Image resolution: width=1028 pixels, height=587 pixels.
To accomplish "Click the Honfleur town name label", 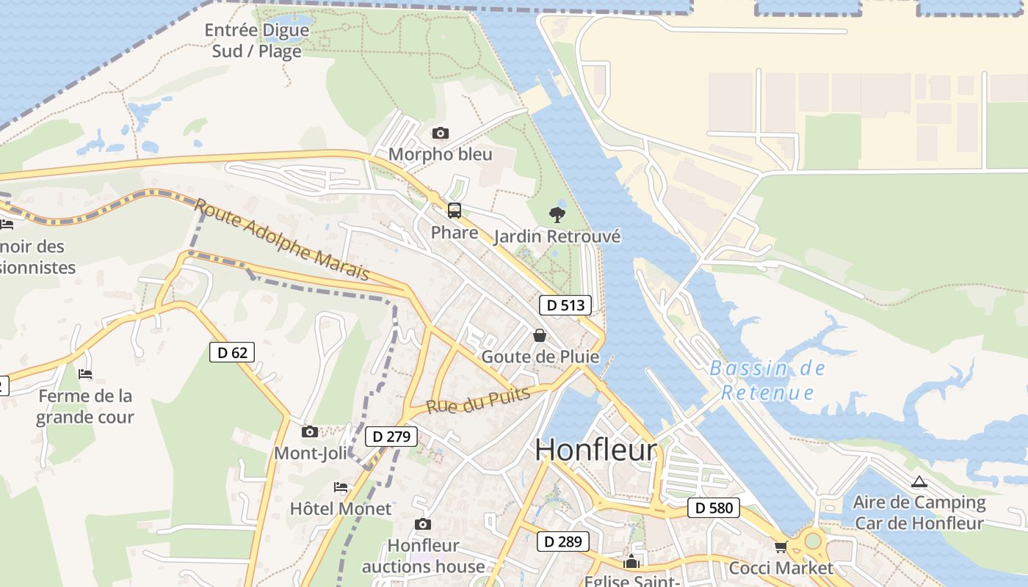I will coord(596,449).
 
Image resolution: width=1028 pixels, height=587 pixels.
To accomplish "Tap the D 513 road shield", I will coord(565,305).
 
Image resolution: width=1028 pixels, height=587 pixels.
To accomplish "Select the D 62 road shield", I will coord(232,352).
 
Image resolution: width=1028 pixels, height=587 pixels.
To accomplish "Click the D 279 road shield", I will coord(391,437).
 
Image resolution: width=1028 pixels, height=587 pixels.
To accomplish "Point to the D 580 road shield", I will coord(714,507).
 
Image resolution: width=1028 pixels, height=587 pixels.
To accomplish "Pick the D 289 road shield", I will coord(562,542).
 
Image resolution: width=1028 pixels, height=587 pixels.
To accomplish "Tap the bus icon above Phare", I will coord(455,211).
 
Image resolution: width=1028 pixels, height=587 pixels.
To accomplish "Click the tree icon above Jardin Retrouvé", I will coord(557,215).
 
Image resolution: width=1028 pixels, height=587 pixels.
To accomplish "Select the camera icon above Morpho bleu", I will coord(440,133).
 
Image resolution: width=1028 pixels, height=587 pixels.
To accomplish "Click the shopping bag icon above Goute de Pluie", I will coord(540,335).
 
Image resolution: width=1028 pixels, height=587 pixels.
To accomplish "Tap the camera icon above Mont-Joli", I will coord(310,431).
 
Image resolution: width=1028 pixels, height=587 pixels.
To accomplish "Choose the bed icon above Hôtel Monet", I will coord(341,486).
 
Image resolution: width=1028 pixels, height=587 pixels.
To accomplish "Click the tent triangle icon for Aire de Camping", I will coord(919,482).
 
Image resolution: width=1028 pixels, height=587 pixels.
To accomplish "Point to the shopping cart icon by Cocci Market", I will coord(781,547).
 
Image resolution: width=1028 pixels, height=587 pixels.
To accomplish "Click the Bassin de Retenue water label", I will coord(767,380).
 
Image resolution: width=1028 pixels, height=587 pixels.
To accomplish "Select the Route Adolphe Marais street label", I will coord(282,239).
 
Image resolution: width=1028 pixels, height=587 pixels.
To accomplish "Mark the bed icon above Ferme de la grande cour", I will coord(85,374).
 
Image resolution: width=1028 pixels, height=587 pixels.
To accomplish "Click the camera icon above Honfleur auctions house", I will coord(422,524).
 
